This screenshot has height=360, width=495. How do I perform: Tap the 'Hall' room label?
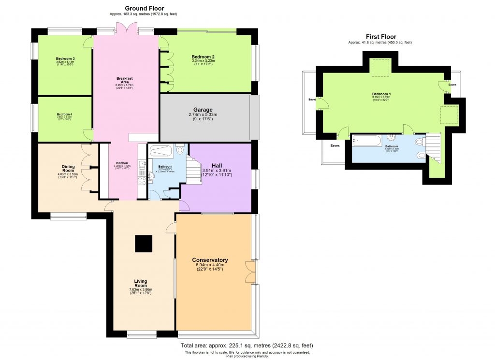point(217,164)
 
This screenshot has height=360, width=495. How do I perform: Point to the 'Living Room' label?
point(141,284)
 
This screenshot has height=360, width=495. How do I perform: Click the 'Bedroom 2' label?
point(203,57)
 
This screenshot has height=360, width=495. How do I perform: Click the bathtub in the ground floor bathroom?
point(161,151)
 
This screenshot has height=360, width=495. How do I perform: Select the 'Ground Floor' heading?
point(144,8)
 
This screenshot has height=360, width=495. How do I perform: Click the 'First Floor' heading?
point(380,36)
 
